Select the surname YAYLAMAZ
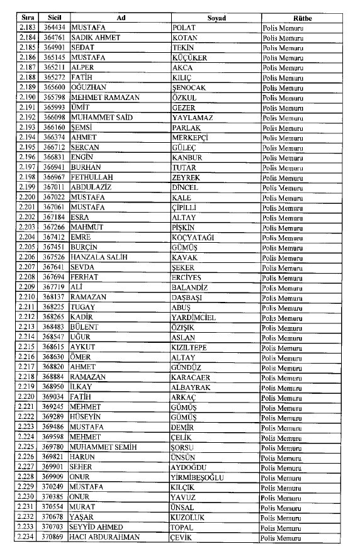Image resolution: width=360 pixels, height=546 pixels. point(193,118)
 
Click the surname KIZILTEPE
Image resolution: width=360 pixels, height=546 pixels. point(192,347)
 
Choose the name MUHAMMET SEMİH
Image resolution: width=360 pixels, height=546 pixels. point(107,447)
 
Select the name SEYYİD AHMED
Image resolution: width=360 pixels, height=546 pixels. point(101,526)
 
